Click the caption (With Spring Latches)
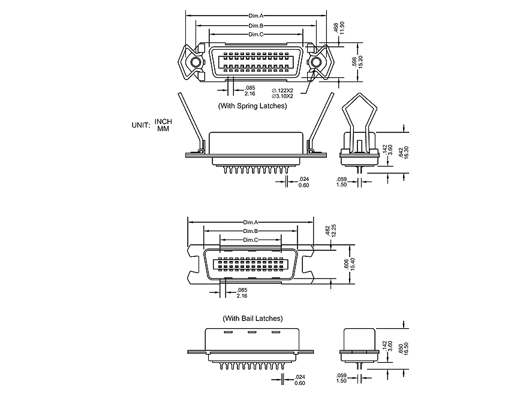click(x=252, y=106)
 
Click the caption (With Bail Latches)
click(x=253, y=319)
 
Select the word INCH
click(x=163, y=122)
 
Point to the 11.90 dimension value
click(x=342, y=28)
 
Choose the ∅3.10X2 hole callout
click(x=282, y=96)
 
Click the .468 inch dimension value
click(x=336, y=28)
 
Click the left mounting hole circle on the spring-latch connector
click(x=196, y=62)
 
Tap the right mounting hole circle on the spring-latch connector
click(x=316, y=62)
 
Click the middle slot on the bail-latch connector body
click(x=253, y=332)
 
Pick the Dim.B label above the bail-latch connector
click(x=251, y=231)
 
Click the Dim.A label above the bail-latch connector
click(x=251, y=222)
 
